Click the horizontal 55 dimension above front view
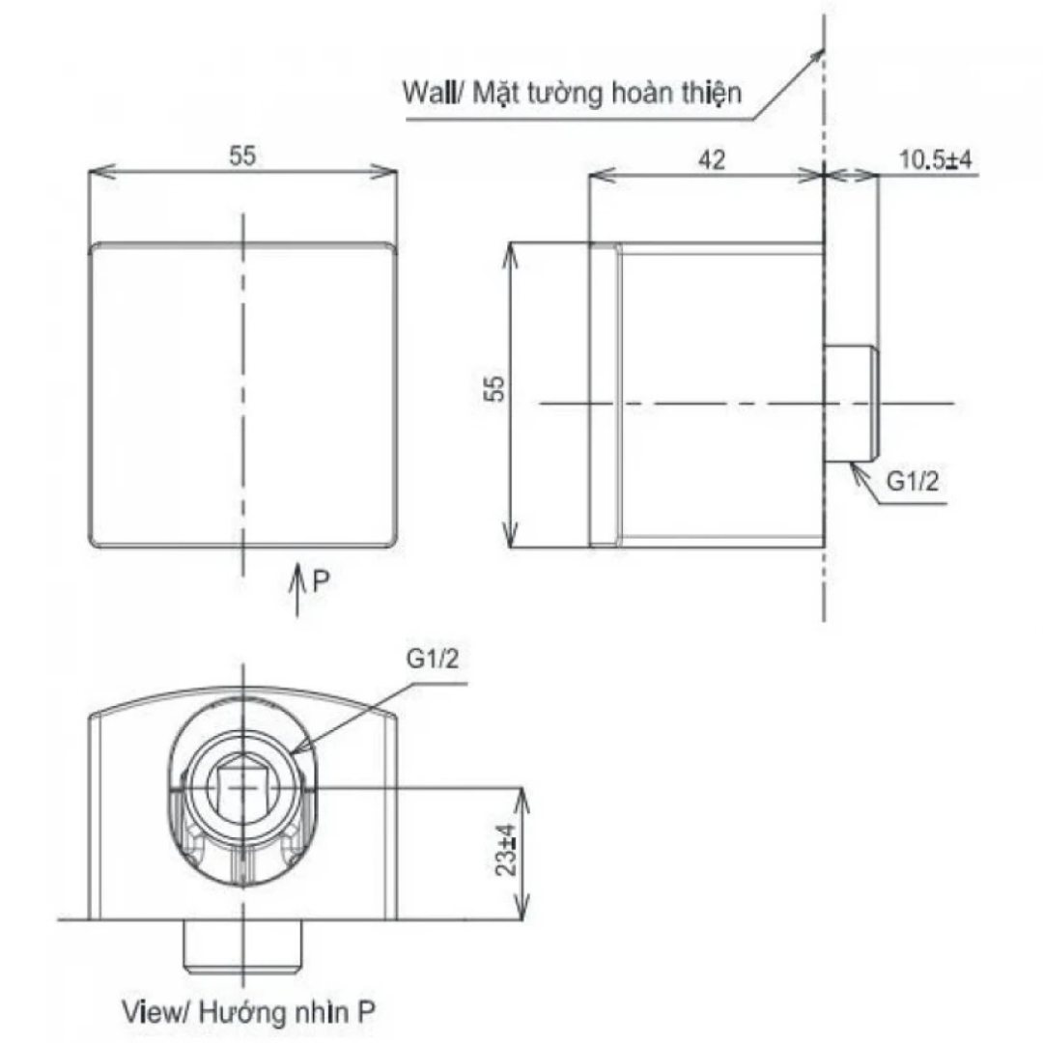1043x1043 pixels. click(243, 156)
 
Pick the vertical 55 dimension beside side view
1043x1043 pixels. click(496, 389)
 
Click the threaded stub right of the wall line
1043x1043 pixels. click(852, 402)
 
